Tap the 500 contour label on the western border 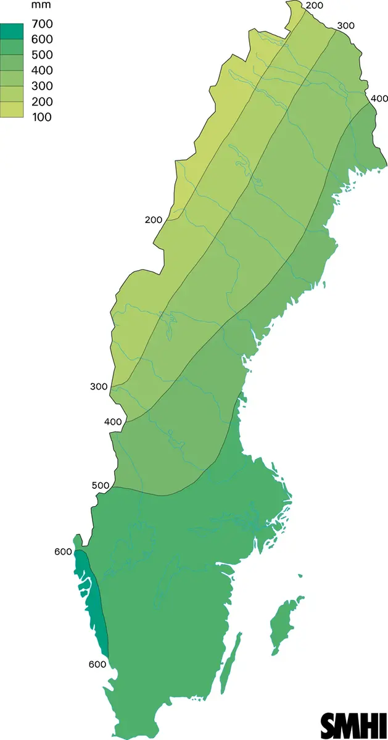(100, 485)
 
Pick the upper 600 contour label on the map (63, 552)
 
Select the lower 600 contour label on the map (97, 664)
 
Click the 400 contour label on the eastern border (379, 99)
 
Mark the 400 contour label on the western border (112, 422)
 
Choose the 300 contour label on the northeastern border (346, 26)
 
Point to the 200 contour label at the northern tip (315, 6)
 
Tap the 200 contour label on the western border (154, 220)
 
